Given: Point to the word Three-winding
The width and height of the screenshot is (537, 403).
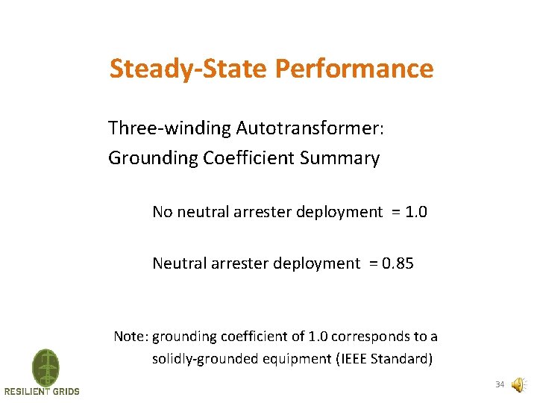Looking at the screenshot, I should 169,128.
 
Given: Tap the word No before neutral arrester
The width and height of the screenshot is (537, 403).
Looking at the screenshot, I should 162,212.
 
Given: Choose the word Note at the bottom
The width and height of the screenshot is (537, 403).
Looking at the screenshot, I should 129,337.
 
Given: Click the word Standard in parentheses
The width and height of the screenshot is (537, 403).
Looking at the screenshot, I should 401,359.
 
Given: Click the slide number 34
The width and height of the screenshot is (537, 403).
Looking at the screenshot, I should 499,385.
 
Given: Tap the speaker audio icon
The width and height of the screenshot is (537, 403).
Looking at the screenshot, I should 518,385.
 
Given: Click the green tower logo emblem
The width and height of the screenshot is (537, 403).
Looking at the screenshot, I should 45,367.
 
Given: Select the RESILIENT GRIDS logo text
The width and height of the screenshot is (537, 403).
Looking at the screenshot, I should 42,392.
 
